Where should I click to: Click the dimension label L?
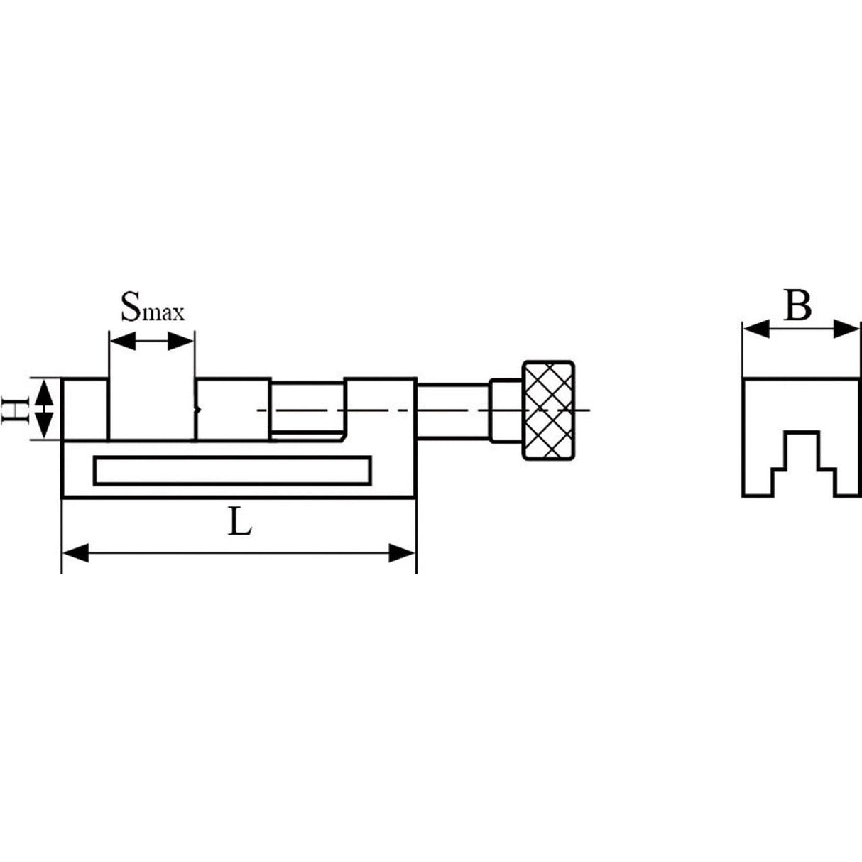(241, 523)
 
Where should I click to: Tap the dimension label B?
(797, 307)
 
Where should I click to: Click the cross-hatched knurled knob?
(548, 410)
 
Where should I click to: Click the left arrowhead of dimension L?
(75, 553)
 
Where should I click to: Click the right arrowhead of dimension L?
(403, 553)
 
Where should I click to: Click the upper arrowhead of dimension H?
(44, 390)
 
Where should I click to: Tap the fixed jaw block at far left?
(84, 410)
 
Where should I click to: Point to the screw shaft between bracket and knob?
(452, 410)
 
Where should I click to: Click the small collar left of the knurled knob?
(506, 410)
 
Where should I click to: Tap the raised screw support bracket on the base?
(380, 410)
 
